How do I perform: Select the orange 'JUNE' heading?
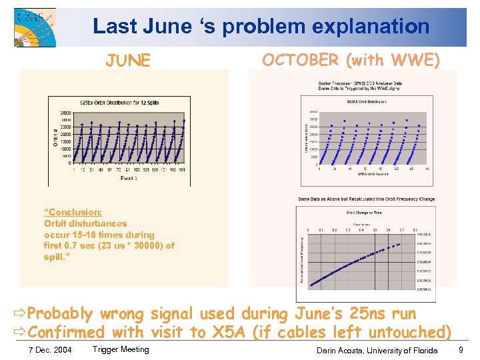(x=128, y=61)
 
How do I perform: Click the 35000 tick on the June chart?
(x=65, y=113)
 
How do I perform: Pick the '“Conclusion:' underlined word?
(x=73, y=213)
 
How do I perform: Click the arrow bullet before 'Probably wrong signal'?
(x=19, y=314)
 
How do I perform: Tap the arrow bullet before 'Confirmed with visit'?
(x=19, y=332)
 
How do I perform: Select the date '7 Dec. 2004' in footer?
(x=49, y=350)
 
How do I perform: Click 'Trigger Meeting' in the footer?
(x=121, y=349)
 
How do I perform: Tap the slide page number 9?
(x=462, y=349)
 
